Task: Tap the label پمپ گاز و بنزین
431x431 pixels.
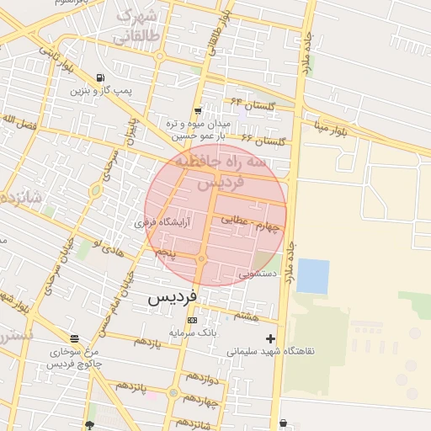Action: point(102,90)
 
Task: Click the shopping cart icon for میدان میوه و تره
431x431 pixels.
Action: point(197,111)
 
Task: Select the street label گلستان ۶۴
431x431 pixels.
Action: point(253,103)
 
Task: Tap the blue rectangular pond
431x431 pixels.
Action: point(312,276)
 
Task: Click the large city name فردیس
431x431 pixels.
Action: point(173,297)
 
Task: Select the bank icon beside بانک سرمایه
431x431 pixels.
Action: point(193,321)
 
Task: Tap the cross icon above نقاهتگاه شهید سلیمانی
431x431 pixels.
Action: point(270,338)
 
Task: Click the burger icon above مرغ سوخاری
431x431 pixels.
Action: point(75,339)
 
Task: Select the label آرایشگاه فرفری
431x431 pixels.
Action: point(162,223)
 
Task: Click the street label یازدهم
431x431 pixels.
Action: point(146,342)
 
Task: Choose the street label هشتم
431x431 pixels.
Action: point(247,315)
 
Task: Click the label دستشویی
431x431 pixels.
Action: point(256,274)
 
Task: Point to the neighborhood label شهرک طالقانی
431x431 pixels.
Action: point(135,26)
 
